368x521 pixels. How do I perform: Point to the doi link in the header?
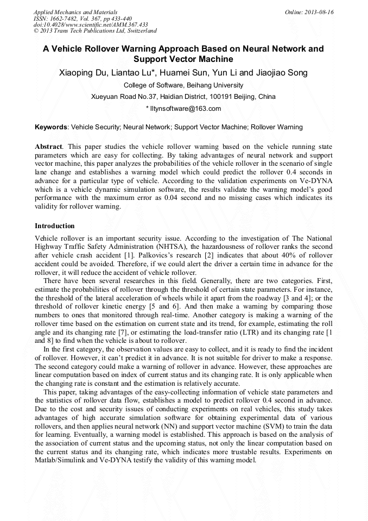(91, 25)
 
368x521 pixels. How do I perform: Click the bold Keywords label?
(50, 127)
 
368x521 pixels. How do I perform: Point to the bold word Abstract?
(48, 147)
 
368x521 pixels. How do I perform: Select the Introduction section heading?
(55, 226)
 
